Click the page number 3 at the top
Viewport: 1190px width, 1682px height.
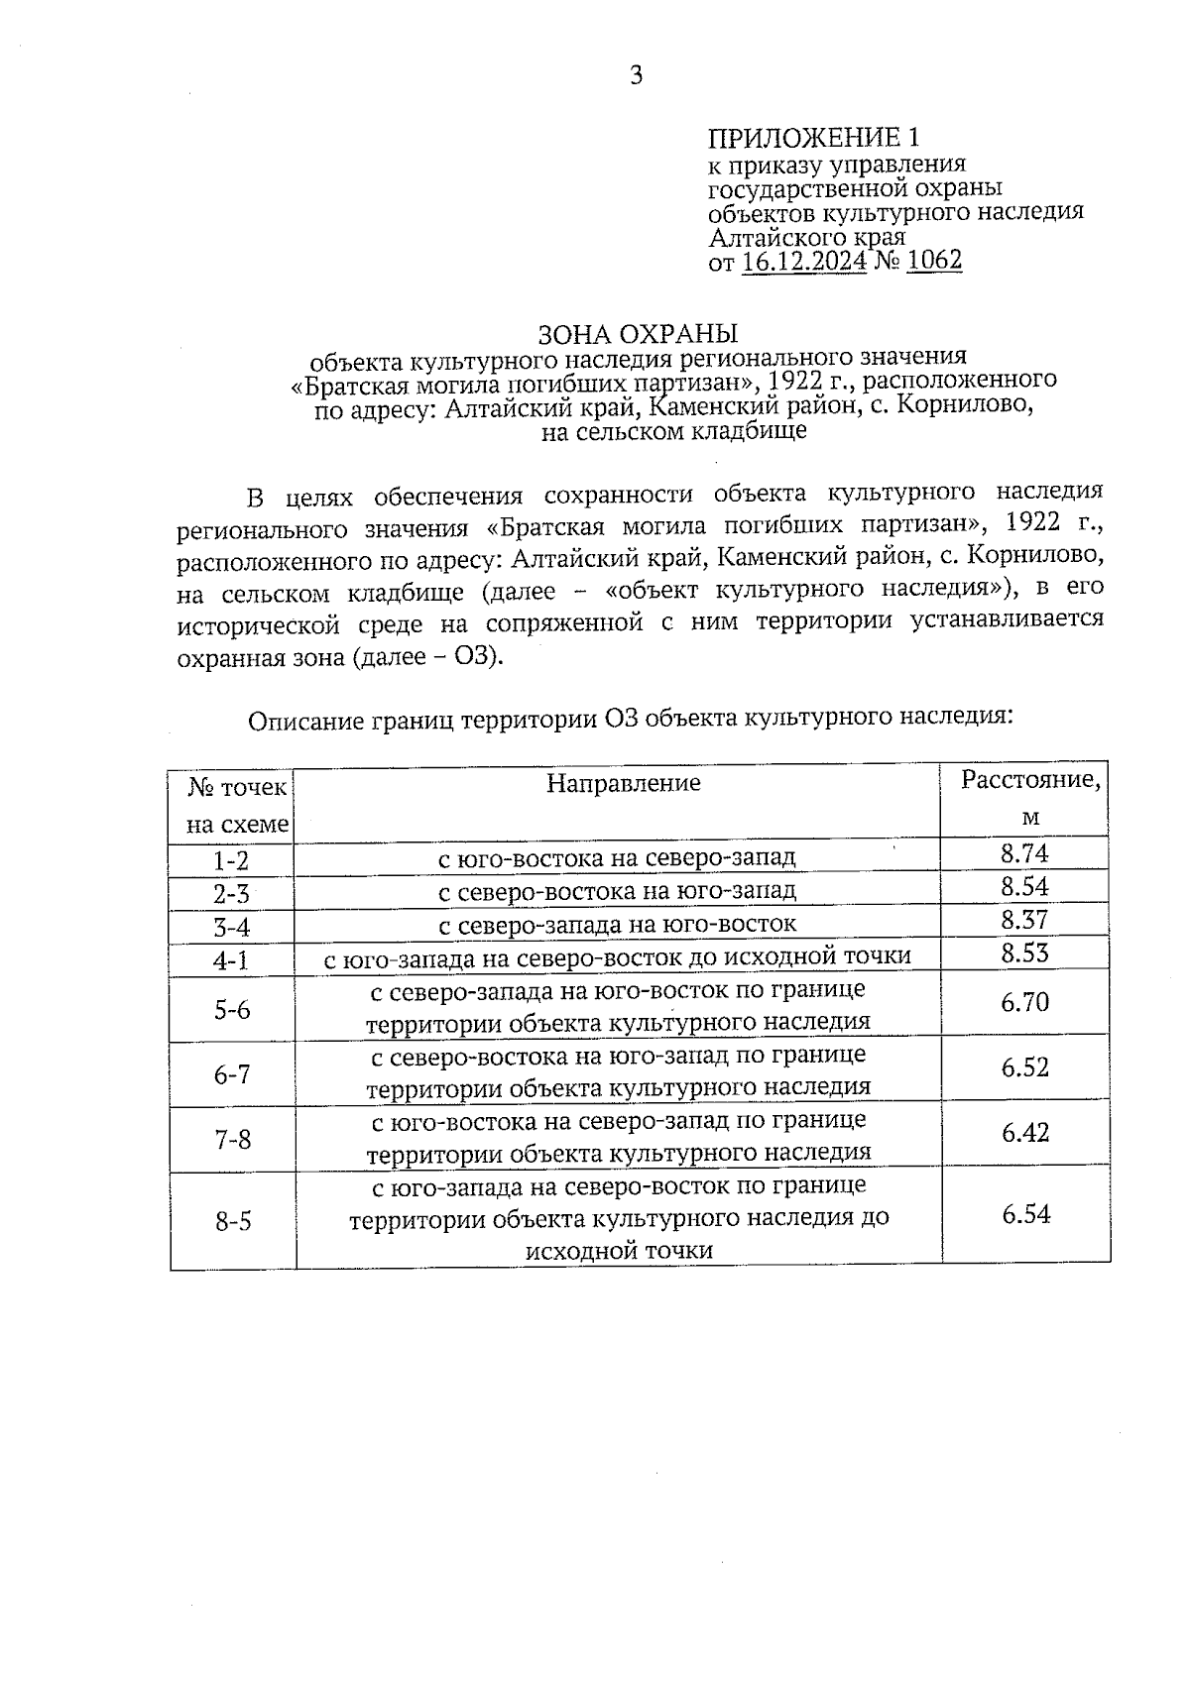pyautogui.click(x=636, y=76)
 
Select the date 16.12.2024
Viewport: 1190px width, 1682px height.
pyautogui.click(x=803, y=261)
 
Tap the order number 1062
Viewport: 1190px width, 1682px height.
pyautogui.click(x=934, y=261)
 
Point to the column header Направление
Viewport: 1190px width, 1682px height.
pyautogui.click(x=624, y=783)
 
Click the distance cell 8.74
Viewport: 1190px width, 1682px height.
pyautogui.click(x=1024, y=853)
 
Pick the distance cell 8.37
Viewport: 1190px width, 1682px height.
pyautogui.click(x=1024, y=920)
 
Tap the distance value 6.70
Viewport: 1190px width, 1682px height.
pyautogui.click(x=1024, y=1003)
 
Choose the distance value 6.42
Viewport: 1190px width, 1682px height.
pyautogui.click(x=1024, y=1133)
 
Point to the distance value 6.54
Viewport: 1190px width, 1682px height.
pyautogui.click(x=1025, y=1214)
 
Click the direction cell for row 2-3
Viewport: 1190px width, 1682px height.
pyautogui.click(x=617, y=890)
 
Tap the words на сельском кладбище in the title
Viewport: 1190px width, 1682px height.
pyautogui.click(x=673, y=431)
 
